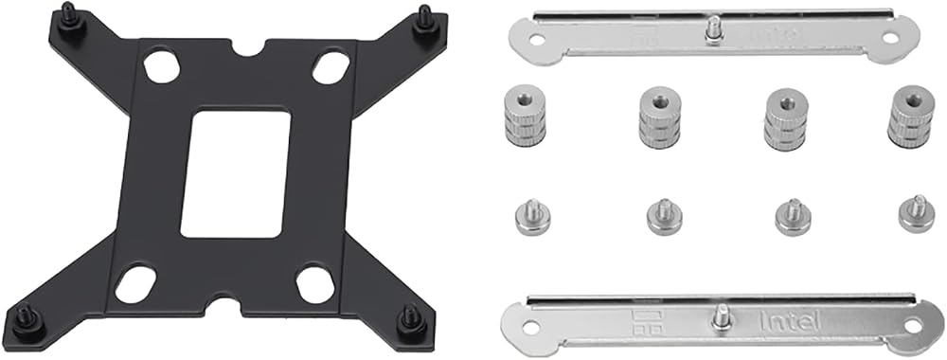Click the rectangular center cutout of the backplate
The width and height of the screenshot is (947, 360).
click(236, 172)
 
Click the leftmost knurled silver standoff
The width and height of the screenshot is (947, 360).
click(525, 116)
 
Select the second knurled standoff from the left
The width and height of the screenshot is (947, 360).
click(660, 117)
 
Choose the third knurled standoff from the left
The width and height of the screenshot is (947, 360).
click(785, 119)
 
